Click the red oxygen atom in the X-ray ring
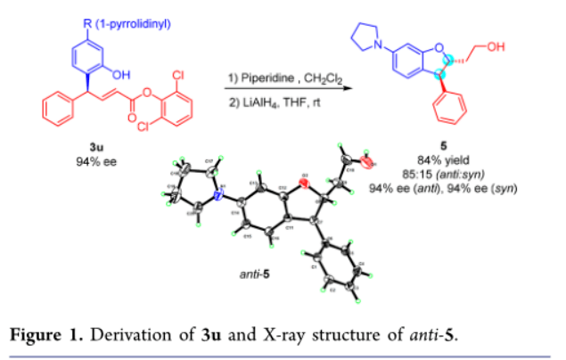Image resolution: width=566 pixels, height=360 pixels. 305,184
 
